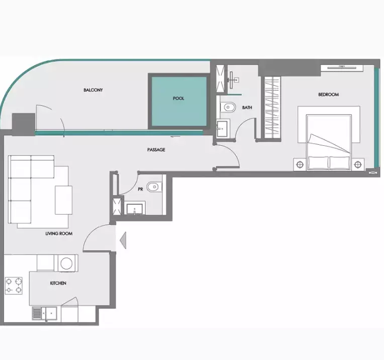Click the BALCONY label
(x=93, y=90)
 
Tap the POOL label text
(x=178, y=99)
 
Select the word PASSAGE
(x=156, y=150)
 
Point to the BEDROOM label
(x=328, y=95)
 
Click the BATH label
(x=247, y=108)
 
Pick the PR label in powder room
(x=141, y=190)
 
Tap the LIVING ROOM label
(x=59, y=234)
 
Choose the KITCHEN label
(x=58, y=283)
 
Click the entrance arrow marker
(x=123, y=239)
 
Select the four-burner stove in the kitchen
(x=14, y=285)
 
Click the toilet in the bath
(x=229, y=107)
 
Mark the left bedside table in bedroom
(x=300, y=164)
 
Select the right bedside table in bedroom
(x=358, y=164)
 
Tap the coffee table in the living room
(x=63, y=200)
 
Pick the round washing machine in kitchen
(x=66, y=262)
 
